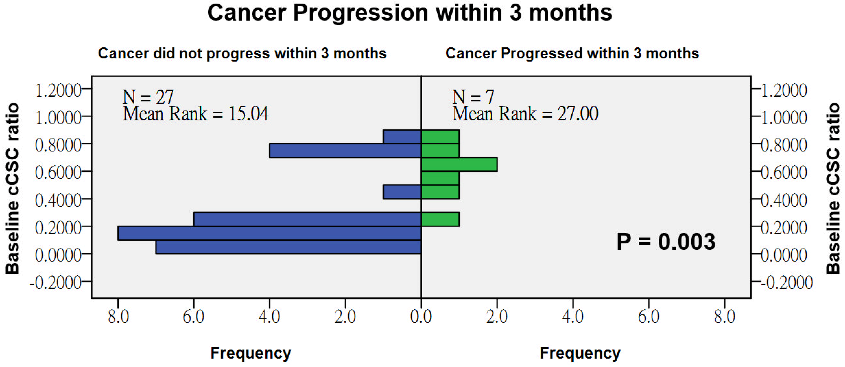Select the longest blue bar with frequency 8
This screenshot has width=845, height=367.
point(269,233)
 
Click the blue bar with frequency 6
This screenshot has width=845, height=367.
point(307,219)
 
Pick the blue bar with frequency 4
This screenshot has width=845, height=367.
point(345,150)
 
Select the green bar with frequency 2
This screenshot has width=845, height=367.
point(459,164)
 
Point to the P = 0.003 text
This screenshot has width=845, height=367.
point(666,242)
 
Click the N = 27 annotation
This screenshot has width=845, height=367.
point(148,97)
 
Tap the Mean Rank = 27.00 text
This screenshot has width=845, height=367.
point(525,114)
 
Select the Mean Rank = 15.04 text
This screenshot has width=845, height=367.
point(196,114)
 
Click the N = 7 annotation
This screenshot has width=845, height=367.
point(473,97)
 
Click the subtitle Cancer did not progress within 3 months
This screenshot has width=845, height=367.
point(242,53)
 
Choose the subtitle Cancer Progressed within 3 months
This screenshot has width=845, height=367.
point(572,53)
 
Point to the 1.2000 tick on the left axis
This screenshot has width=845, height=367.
point(58,90)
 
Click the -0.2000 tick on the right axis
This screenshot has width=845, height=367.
point(787,282)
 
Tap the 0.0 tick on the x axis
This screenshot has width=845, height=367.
point(421,317)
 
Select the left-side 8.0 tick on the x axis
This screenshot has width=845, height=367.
point(118,317)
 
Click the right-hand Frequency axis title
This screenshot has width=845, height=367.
point(580,353)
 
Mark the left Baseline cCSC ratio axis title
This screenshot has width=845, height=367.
point(12,189)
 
